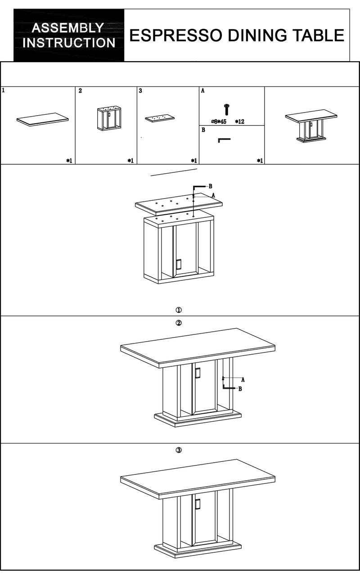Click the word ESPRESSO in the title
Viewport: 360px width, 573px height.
pos(176,35)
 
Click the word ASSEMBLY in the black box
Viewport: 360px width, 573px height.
pos(68,27)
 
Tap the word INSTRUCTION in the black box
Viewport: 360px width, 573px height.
pos(69,42)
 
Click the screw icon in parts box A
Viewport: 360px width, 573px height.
pos(226,109)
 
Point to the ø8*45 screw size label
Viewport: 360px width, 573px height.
pos(219,122)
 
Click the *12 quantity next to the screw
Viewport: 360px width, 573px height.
pos(239,122)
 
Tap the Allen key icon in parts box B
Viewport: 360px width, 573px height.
pos(224,140)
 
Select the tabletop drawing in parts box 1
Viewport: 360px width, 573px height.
pos(42,119)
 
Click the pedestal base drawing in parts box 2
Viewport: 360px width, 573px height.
pos(109,119)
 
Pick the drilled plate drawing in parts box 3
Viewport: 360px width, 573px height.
pos(160,118)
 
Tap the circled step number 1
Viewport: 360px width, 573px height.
pos(179,310)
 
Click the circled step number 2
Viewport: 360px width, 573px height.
pos(179,323)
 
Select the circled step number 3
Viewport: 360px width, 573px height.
pos(179,450)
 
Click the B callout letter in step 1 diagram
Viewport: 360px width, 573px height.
pos(211,186)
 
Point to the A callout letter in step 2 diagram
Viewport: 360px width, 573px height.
pos(243,380)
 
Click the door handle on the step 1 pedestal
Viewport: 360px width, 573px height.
pos(179,264)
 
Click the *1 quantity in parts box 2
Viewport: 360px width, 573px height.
pos(130,161)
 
